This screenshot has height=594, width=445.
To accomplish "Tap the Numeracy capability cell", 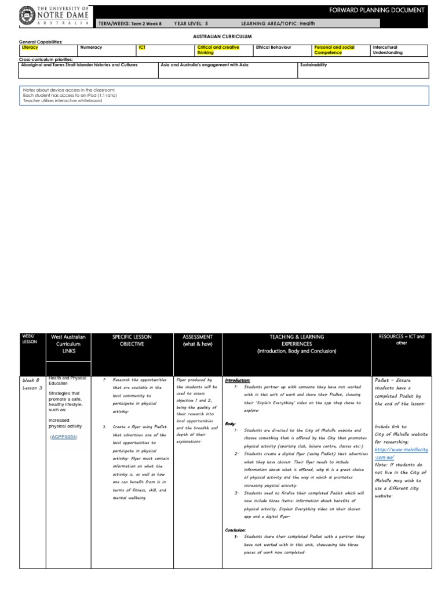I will click(91, 48).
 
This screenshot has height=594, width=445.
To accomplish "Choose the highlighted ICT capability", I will click(143, 48).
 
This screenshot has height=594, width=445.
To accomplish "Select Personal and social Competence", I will click(333, 50).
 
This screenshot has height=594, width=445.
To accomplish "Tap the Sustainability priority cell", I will click(313, 65).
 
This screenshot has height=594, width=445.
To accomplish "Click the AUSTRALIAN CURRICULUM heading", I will click(222, 36).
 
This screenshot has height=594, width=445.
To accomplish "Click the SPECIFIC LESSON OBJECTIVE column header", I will click(132, 341).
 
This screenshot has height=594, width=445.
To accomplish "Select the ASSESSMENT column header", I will click(198, 341).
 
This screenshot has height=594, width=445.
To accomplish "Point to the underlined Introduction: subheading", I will click(239, 379).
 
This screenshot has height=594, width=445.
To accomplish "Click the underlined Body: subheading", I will click(231, 423).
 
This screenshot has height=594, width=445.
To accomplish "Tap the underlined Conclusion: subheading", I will click(236, 530).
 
